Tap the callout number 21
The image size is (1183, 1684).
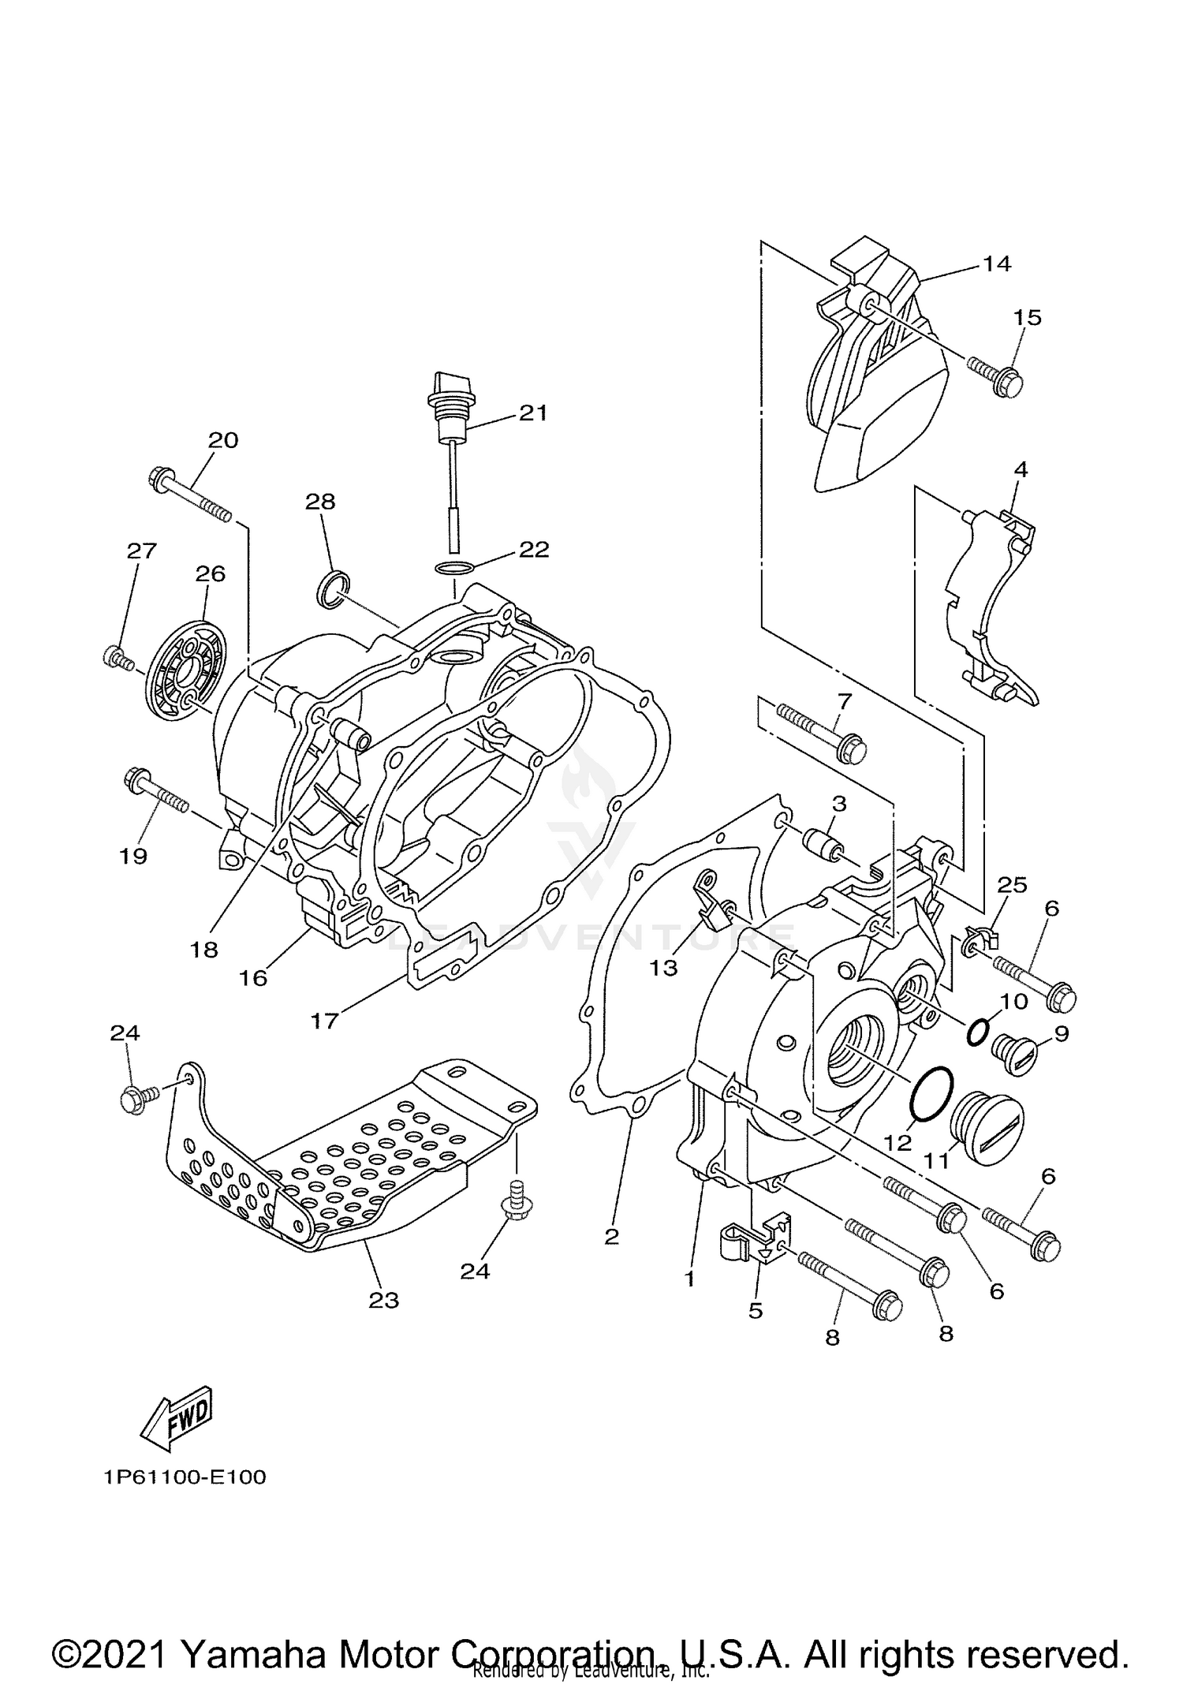(533, 413)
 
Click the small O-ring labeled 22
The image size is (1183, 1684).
(455, 567)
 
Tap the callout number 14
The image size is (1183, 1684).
(997, 263)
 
